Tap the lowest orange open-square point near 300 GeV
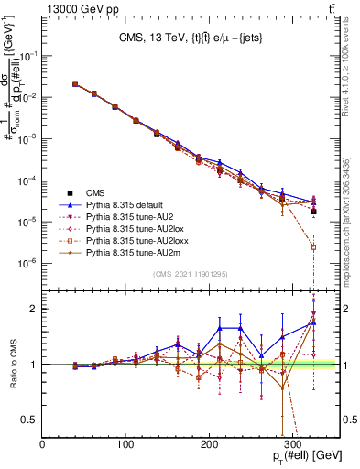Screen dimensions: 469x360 click(x=313, y=247)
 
